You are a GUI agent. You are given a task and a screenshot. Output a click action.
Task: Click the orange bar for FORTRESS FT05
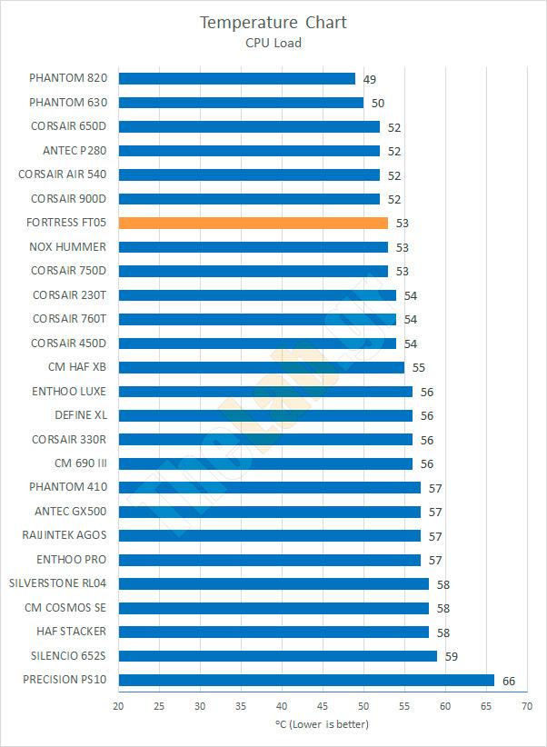tap(254, 223)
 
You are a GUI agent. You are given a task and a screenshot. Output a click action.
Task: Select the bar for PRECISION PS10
tap(306, 680)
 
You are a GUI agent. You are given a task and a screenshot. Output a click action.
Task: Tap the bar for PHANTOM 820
tap(237, 79)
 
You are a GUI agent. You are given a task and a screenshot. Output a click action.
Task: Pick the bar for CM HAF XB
tap(262, 367)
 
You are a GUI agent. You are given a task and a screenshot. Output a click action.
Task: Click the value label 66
tap(509, 681)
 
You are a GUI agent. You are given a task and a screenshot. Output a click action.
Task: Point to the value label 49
tap(370, 80)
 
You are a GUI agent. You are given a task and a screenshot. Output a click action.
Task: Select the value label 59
tap(452, 656)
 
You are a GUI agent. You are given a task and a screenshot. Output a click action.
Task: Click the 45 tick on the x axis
tap(323, 705)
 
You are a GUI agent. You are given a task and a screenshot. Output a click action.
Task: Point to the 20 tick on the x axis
tap(119, 705)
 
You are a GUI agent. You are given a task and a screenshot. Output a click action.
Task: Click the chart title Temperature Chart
tap(273, 22)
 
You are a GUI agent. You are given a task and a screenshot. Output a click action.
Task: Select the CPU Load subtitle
tap(273, 42)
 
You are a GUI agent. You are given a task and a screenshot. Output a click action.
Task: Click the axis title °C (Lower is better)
tap(323, 724)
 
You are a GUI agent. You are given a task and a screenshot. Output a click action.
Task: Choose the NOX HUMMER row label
tap(67, 247)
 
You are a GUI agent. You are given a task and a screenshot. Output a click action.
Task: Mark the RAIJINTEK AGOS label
tap(64, 535)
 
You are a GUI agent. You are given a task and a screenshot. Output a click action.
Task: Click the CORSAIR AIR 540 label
tap(62, 174)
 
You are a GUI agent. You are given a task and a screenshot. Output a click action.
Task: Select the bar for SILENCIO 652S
tap(278, 655)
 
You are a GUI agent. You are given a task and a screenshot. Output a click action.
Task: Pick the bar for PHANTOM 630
tap(241, 103)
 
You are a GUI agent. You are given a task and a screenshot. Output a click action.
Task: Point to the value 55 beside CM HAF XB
tap(419, 368)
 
